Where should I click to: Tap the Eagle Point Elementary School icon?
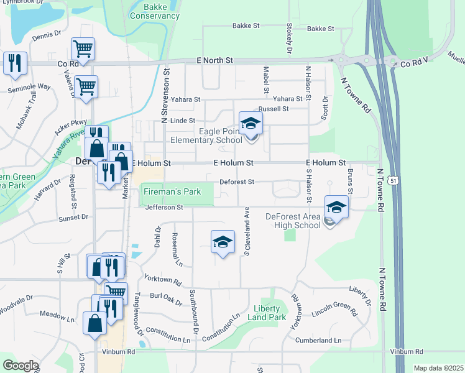[251, 123]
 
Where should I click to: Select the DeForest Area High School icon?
[336, 207]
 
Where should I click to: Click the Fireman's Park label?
[172, 191]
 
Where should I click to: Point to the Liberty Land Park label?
[270, 313]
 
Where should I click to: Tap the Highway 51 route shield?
[392, 180]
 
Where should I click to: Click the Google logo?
[21, 366]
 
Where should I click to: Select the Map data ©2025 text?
[438, 368]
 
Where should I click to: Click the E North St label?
[215, 60]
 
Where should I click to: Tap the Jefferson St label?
[164, 207]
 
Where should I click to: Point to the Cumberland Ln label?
[319, 340]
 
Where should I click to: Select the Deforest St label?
[237, 182]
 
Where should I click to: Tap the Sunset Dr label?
[73, 218]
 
